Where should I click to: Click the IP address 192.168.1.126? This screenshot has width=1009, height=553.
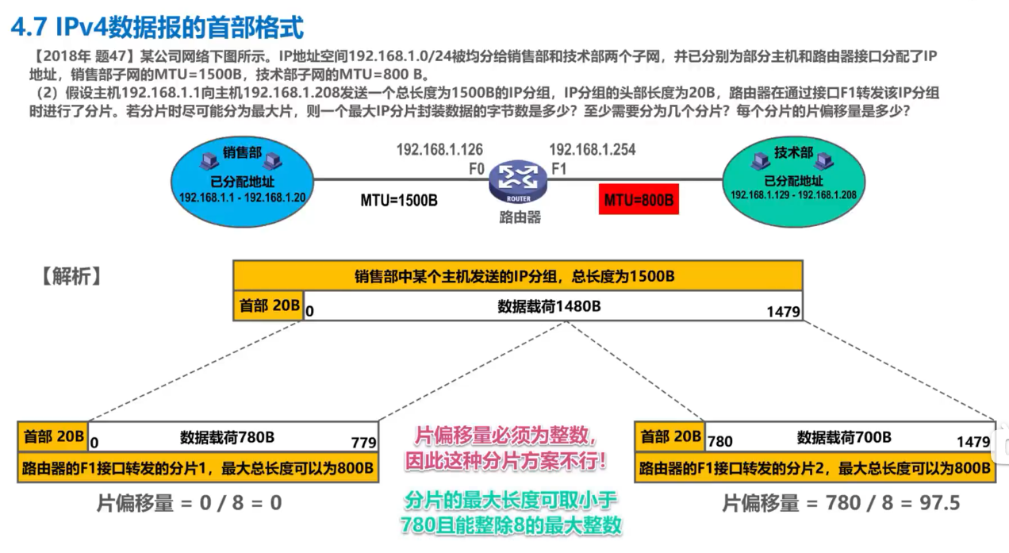tap(439, 149)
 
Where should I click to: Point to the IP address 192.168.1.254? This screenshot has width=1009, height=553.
tap(592, 149)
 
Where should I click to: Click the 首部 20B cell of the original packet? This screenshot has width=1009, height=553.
tap(268, 305)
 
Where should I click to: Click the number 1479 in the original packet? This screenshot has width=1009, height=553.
tap(783, 312)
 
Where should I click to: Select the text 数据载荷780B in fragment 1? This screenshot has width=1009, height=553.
tap(228, 436)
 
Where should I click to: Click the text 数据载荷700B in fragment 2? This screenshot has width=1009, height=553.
tap(844, 436)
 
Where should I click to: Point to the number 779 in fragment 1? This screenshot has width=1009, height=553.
tap(364, 443)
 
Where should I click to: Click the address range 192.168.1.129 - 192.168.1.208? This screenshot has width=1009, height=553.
tap(793, 194)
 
